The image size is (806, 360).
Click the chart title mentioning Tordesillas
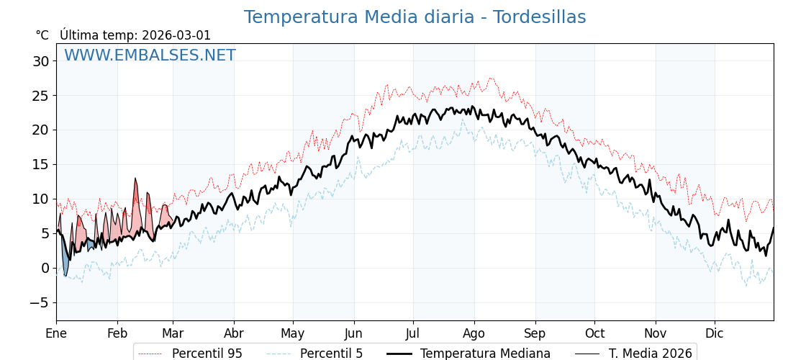(x=415, y=17)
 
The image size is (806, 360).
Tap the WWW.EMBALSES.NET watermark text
(x=150, y=55)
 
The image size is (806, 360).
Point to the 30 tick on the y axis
(x=40, y=61)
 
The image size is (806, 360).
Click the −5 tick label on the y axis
(x=39, y=302)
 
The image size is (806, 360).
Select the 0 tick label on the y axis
(x=45, y=268)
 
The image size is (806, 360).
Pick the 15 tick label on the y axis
(x=40, y=164)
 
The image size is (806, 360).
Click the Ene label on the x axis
(x=56, y=333)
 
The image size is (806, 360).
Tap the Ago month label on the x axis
(x=474, y=333)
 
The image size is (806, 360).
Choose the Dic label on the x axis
(x=715, y=333)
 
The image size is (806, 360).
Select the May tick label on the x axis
(x=293, y=333)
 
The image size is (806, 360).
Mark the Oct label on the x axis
(x=594, y=333)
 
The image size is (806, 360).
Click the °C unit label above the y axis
(x=42, y=35)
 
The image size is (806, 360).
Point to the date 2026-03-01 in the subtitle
(x=176, y=35)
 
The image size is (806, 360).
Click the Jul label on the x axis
(x=413, y=333)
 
